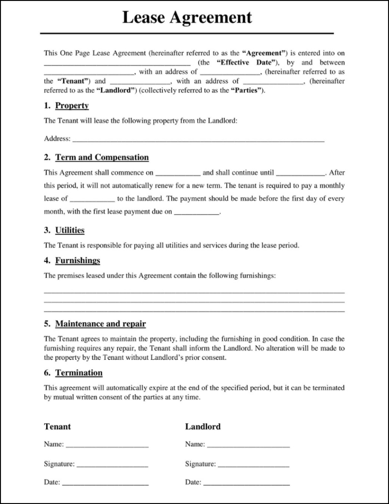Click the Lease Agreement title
coord(187,18)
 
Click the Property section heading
coord(72,106)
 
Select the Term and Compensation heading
coord(102,157)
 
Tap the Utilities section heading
coord(70,230)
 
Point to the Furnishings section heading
coord(78,260)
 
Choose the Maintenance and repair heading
coord(100,324)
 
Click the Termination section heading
coord(79,373)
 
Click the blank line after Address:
coord(198,140)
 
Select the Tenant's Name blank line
coord(107,446)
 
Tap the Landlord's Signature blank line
coord(253,466)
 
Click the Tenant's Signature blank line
coord(112,466)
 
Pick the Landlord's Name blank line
coord(248,446)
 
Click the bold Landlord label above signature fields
coord(203,427)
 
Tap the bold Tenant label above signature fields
coord(58,427)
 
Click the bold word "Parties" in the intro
coord(247,91)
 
